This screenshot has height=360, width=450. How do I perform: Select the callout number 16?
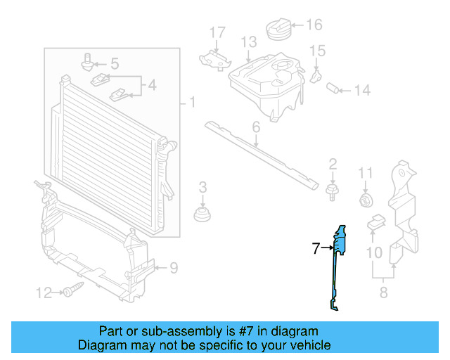(314, 25)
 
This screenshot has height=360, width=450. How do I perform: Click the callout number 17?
(217, 32)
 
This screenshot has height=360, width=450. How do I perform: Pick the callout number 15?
(318, 51)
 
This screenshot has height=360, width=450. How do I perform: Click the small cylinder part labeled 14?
(335, 89)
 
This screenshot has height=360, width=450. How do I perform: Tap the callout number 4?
(151, 87)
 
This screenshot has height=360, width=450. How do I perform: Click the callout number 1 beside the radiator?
(191, 103)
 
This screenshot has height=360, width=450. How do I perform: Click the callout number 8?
(384, 293)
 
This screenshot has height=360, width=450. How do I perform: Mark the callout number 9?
(173, 267)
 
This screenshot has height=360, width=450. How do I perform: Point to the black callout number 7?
(316, 247)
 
